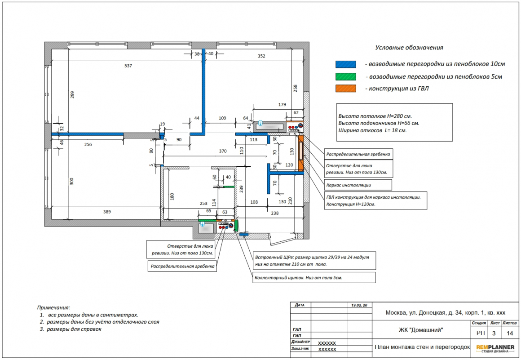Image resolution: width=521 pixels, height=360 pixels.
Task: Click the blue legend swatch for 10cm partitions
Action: click(345, 64)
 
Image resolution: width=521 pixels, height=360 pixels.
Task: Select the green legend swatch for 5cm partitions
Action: click(345, 76)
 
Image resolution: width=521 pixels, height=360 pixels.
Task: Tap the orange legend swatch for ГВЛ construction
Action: click(345, 89)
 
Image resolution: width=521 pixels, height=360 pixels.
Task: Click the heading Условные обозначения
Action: click(409, 48)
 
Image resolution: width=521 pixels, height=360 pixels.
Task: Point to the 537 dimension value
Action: click(128, 66)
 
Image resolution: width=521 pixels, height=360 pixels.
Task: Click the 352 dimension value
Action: click(261, 56)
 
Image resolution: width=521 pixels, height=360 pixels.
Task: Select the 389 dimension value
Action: click(107, 212)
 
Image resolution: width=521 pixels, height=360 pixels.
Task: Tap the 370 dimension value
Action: click(223, 151)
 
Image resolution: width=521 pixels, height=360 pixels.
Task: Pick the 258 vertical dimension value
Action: click(295, 88)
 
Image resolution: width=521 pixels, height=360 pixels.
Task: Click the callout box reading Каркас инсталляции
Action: click(358, 185)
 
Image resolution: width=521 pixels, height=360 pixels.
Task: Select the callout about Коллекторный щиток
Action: click(314, 278)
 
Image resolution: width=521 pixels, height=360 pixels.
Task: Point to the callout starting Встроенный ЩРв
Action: click(314, 260)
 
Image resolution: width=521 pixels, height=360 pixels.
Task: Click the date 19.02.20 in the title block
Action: click(359, 305)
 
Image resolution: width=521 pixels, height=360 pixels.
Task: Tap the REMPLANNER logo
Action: click(495, 348)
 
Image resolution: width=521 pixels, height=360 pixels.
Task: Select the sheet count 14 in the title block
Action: click(510, 333)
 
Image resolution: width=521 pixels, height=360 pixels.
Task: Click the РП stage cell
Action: click(481, 333)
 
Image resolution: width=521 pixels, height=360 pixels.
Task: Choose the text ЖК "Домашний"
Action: click(421, 330)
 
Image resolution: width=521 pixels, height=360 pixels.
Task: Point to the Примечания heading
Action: click(53, 308)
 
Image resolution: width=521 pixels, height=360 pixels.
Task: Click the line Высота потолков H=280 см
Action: click(375, 116)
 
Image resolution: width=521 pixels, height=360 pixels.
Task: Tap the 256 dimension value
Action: click(88, 144)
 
